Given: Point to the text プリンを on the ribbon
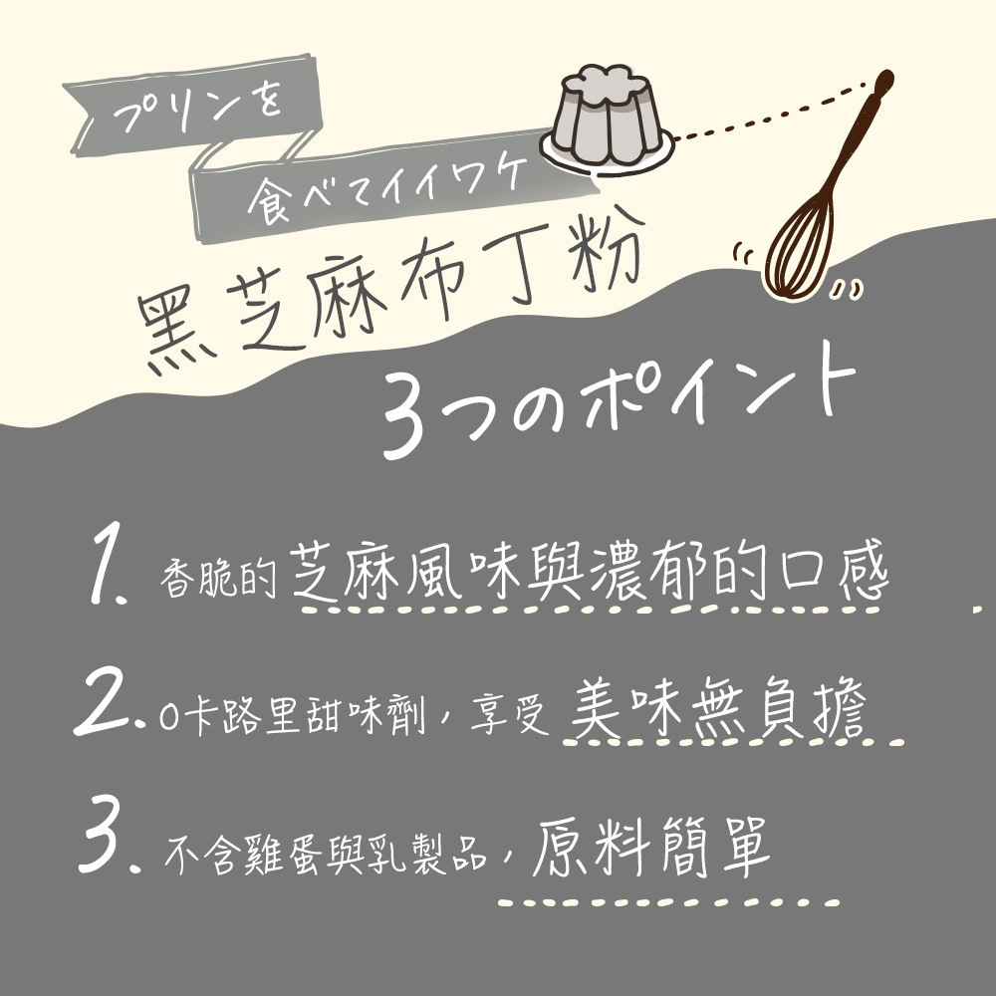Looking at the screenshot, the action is coord(197,110).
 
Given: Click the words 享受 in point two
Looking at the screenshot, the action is coord(509,715).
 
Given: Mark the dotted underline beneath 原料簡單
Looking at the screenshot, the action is coord(668,902).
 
